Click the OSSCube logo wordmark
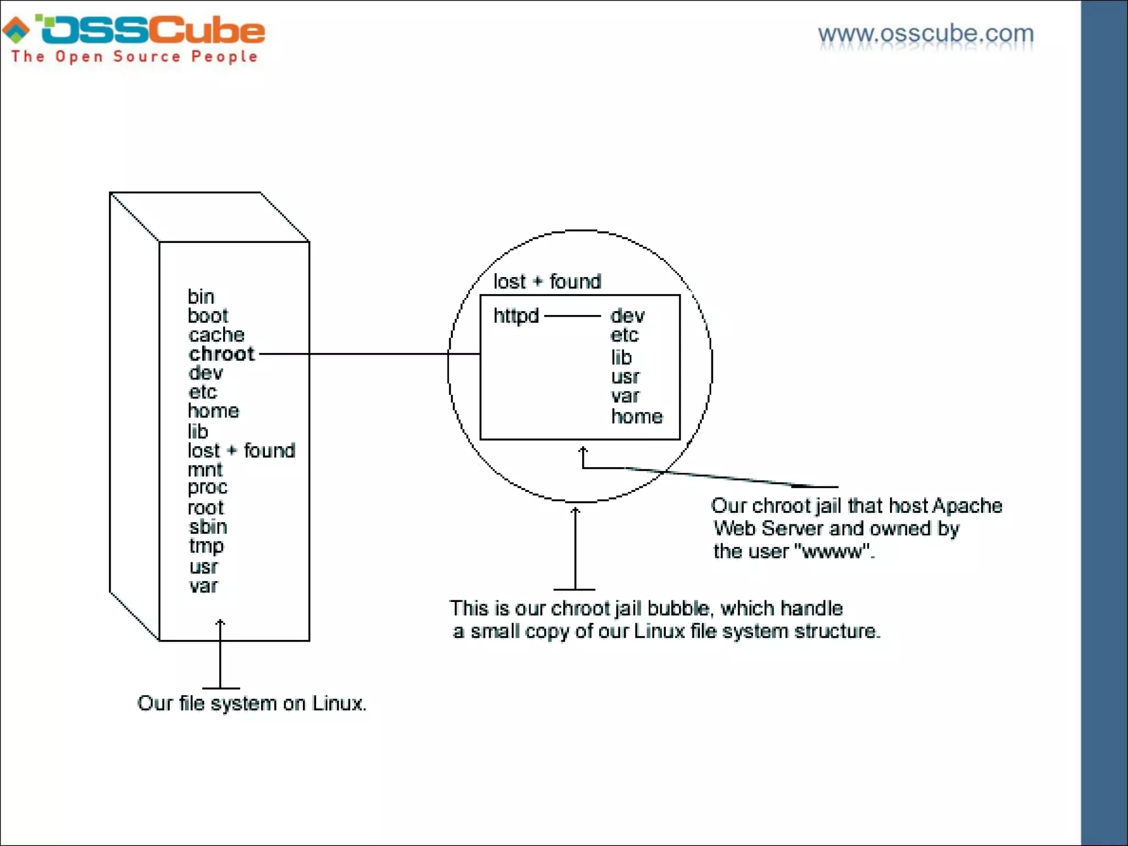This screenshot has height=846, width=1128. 151,30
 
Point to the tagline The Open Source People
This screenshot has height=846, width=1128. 134,57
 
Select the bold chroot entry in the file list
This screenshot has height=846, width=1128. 221,354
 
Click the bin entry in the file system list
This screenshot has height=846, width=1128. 200,297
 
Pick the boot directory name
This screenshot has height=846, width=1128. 208,316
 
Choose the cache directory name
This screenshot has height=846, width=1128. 216,335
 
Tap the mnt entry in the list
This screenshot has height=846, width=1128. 205,470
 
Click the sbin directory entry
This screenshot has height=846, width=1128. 208,527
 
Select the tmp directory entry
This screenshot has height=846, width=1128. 207,546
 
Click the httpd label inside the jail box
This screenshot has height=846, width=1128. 516,316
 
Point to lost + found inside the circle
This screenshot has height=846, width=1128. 547,281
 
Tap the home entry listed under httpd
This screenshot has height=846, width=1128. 637,417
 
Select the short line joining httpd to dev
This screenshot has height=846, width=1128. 572,316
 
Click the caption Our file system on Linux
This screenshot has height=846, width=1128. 252,703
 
